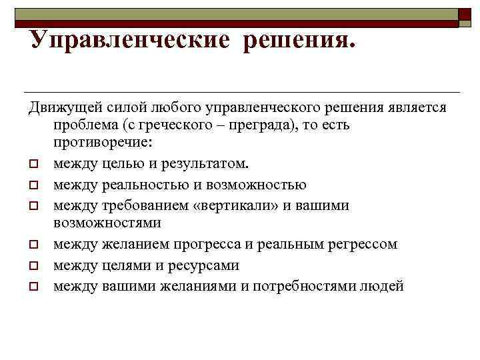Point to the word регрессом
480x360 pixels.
[x=360, y=244]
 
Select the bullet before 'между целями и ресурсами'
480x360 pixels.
[x=32, y=266]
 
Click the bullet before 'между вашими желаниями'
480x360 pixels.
[x=32, y=287]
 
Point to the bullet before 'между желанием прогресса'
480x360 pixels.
[x=32, y=245]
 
